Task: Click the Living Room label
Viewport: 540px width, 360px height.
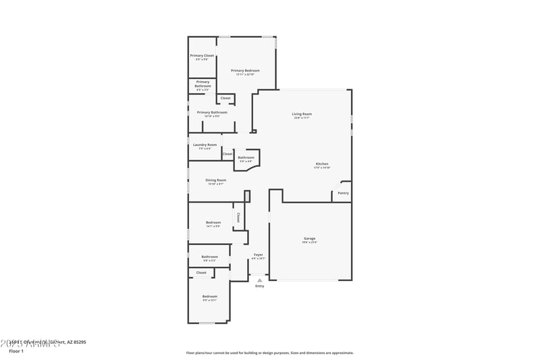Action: (x=302, y=114)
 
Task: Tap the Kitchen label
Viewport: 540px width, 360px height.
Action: (x=322, y=165)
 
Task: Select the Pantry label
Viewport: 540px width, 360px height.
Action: (x=343, y=193)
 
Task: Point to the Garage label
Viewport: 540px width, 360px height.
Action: (x=310, y=238)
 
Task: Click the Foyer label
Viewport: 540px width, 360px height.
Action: (x=258, y=255)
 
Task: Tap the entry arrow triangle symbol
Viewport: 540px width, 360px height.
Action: (x=259, y=279)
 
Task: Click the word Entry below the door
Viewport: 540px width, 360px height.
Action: (x=259, y=286)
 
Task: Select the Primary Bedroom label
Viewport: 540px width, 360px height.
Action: (x=245, y=70)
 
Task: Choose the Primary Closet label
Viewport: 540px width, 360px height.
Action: (x=202, y=55)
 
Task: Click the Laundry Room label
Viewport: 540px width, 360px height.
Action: (x=205, y=145)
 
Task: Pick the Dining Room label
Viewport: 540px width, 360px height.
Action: (x=216, y=180)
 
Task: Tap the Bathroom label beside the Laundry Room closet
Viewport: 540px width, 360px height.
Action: (x=246, y=157)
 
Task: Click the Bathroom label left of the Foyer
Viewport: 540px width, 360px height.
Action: (x=209, y=257)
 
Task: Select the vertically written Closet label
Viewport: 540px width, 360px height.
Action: (x=238, y=217)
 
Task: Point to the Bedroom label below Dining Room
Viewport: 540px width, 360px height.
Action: (x=213, y=222)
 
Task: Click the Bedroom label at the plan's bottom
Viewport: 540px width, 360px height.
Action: (x=209, y=297)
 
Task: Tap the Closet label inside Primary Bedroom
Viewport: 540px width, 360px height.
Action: (x=225, y=99)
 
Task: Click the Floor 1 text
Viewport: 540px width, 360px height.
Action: (x=16, y=351)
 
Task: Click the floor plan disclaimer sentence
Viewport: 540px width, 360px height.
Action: (x=270, y=353)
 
